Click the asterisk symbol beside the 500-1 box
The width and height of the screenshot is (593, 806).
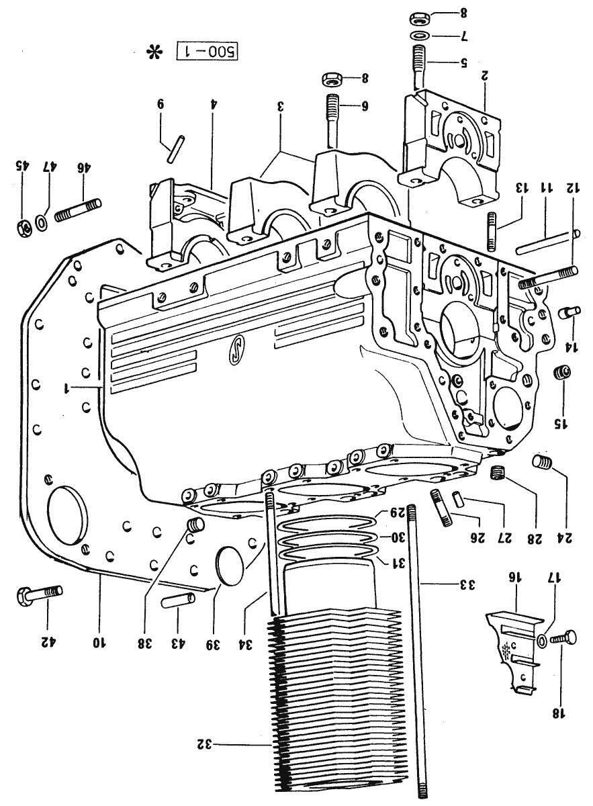[x=154, y=53]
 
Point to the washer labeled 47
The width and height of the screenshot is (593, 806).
[x=42, y=222]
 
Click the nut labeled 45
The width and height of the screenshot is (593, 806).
[x=24, y=226]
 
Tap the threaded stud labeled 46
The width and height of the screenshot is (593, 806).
[x=78, y=210]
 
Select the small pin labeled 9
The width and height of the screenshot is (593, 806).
[x=176, y=149]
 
